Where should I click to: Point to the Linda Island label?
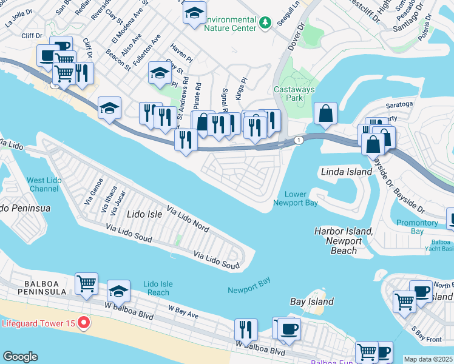click(x=346, y=172)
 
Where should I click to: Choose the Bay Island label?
click(x=312, y=302)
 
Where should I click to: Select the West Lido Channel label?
click(x=43, y=184)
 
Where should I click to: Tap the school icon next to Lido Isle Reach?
click(x=119, y=291)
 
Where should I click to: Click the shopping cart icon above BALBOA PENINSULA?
click(x=87, y=283)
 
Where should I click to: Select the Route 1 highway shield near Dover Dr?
click(x=299, y=140)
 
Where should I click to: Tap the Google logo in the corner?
click(x=20, y=357)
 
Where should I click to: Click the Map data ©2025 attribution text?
click(x=428, y=359)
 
